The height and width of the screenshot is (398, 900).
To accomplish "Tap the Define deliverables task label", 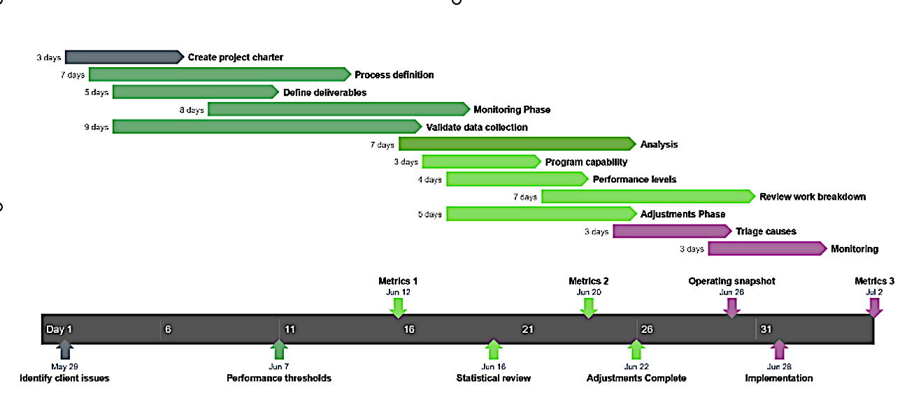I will [x=324, y=92].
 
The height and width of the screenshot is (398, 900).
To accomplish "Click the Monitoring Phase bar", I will [x=338, y=109].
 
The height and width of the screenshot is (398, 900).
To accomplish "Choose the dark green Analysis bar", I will [x=517, y=144].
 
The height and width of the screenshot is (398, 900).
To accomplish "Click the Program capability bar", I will [x=481, y=162].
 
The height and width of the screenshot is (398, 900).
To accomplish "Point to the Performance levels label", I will [x=634, y=179].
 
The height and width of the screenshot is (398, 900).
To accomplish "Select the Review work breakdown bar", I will [x=648, y=197].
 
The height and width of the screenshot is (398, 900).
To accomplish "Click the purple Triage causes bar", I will [x=672, y=232].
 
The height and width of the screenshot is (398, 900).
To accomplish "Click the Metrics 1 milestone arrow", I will [x=398, y=308].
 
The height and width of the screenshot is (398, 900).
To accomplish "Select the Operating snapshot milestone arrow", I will [x=731, y=308].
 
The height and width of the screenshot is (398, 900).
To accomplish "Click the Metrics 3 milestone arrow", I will [x=873, y=308].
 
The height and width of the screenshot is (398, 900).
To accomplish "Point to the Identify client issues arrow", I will [x=64, y=349].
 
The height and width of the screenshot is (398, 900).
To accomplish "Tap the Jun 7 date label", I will [x=278, y=367].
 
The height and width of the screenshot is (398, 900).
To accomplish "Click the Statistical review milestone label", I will [x=493, y=378].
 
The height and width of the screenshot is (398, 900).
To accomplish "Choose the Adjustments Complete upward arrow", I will [x=636, y=349].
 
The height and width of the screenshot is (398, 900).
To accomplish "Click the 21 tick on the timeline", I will [x=527, y=329].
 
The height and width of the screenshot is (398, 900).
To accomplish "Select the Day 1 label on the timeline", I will [x=59, y=329].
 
